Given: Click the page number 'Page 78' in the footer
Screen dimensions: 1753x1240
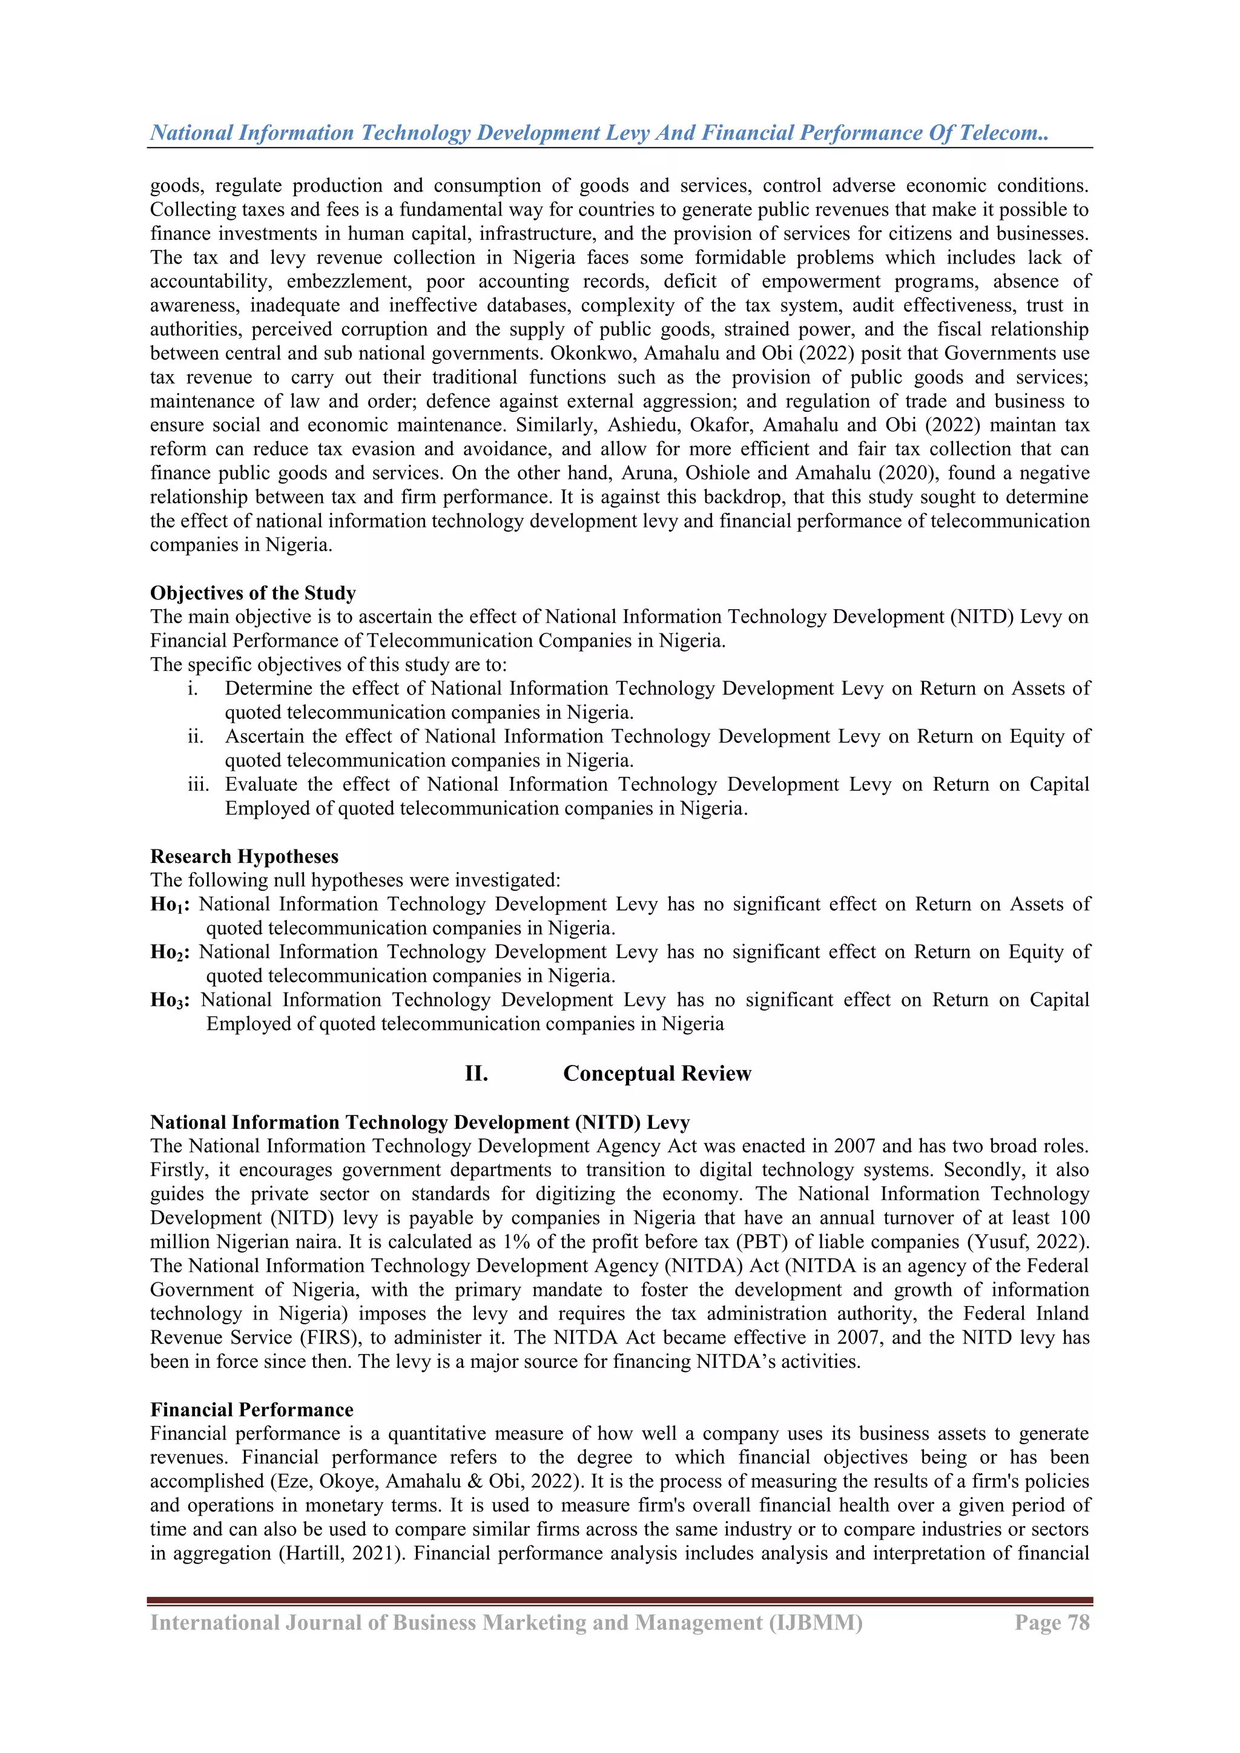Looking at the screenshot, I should point(1052,1622).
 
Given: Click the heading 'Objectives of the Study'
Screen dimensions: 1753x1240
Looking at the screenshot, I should point(252,593).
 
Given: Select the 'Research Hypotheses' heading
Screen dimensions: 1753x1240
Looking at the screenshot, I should point(243,857).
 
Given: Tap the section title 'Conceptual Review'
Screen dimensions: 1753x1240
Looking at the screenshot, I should point(657,1074).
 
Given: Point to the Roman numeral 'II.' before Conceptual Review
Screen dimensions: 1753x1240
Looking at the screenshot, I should point(476,1074).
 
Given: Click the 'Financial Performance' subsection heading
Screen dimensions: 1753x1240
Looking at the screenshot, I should point(251,1410).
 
